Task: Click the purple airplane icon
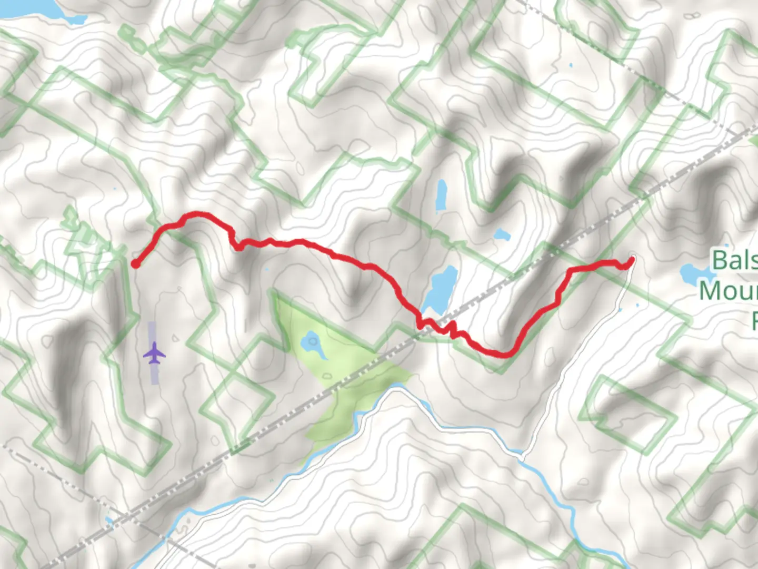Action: pos(154,352)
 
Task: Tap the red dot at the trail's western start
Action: pos(135,264)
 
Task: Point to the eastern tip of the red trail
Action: pos(631,259)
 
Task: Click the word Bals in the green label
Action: pos(734,260)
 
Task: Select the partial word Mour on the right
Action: pos(729,290)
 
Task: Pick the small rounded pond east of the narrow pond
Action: pos(502,234)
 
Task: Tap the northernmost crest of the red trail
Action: pos(196,214)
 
